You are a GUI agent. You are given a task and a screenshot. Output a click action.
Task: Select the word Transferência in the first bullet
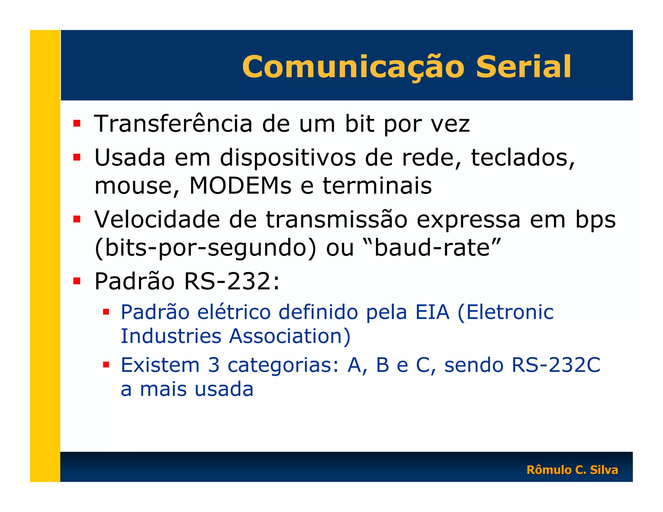173,124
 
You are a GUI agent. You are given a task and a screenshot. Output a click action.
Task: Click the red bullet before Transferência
77,123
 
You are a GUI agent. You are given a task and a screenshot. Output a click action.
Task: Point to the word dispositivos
288,158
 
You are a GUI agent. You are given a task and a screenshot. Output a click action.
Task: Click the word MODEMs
240,186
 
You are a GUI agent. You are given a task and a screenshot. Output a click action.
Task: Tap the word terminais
377,186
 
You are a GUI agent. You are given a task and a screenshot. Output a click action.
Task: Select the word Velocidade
157,220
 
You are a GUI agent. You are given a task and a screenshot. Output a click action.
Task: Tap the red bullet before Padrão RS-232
77,281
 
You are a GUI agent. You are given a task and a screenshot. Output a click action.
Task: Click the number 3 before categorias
214,365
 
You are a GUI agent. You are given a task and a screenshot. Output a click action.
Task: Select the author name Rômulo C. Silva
572,470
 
